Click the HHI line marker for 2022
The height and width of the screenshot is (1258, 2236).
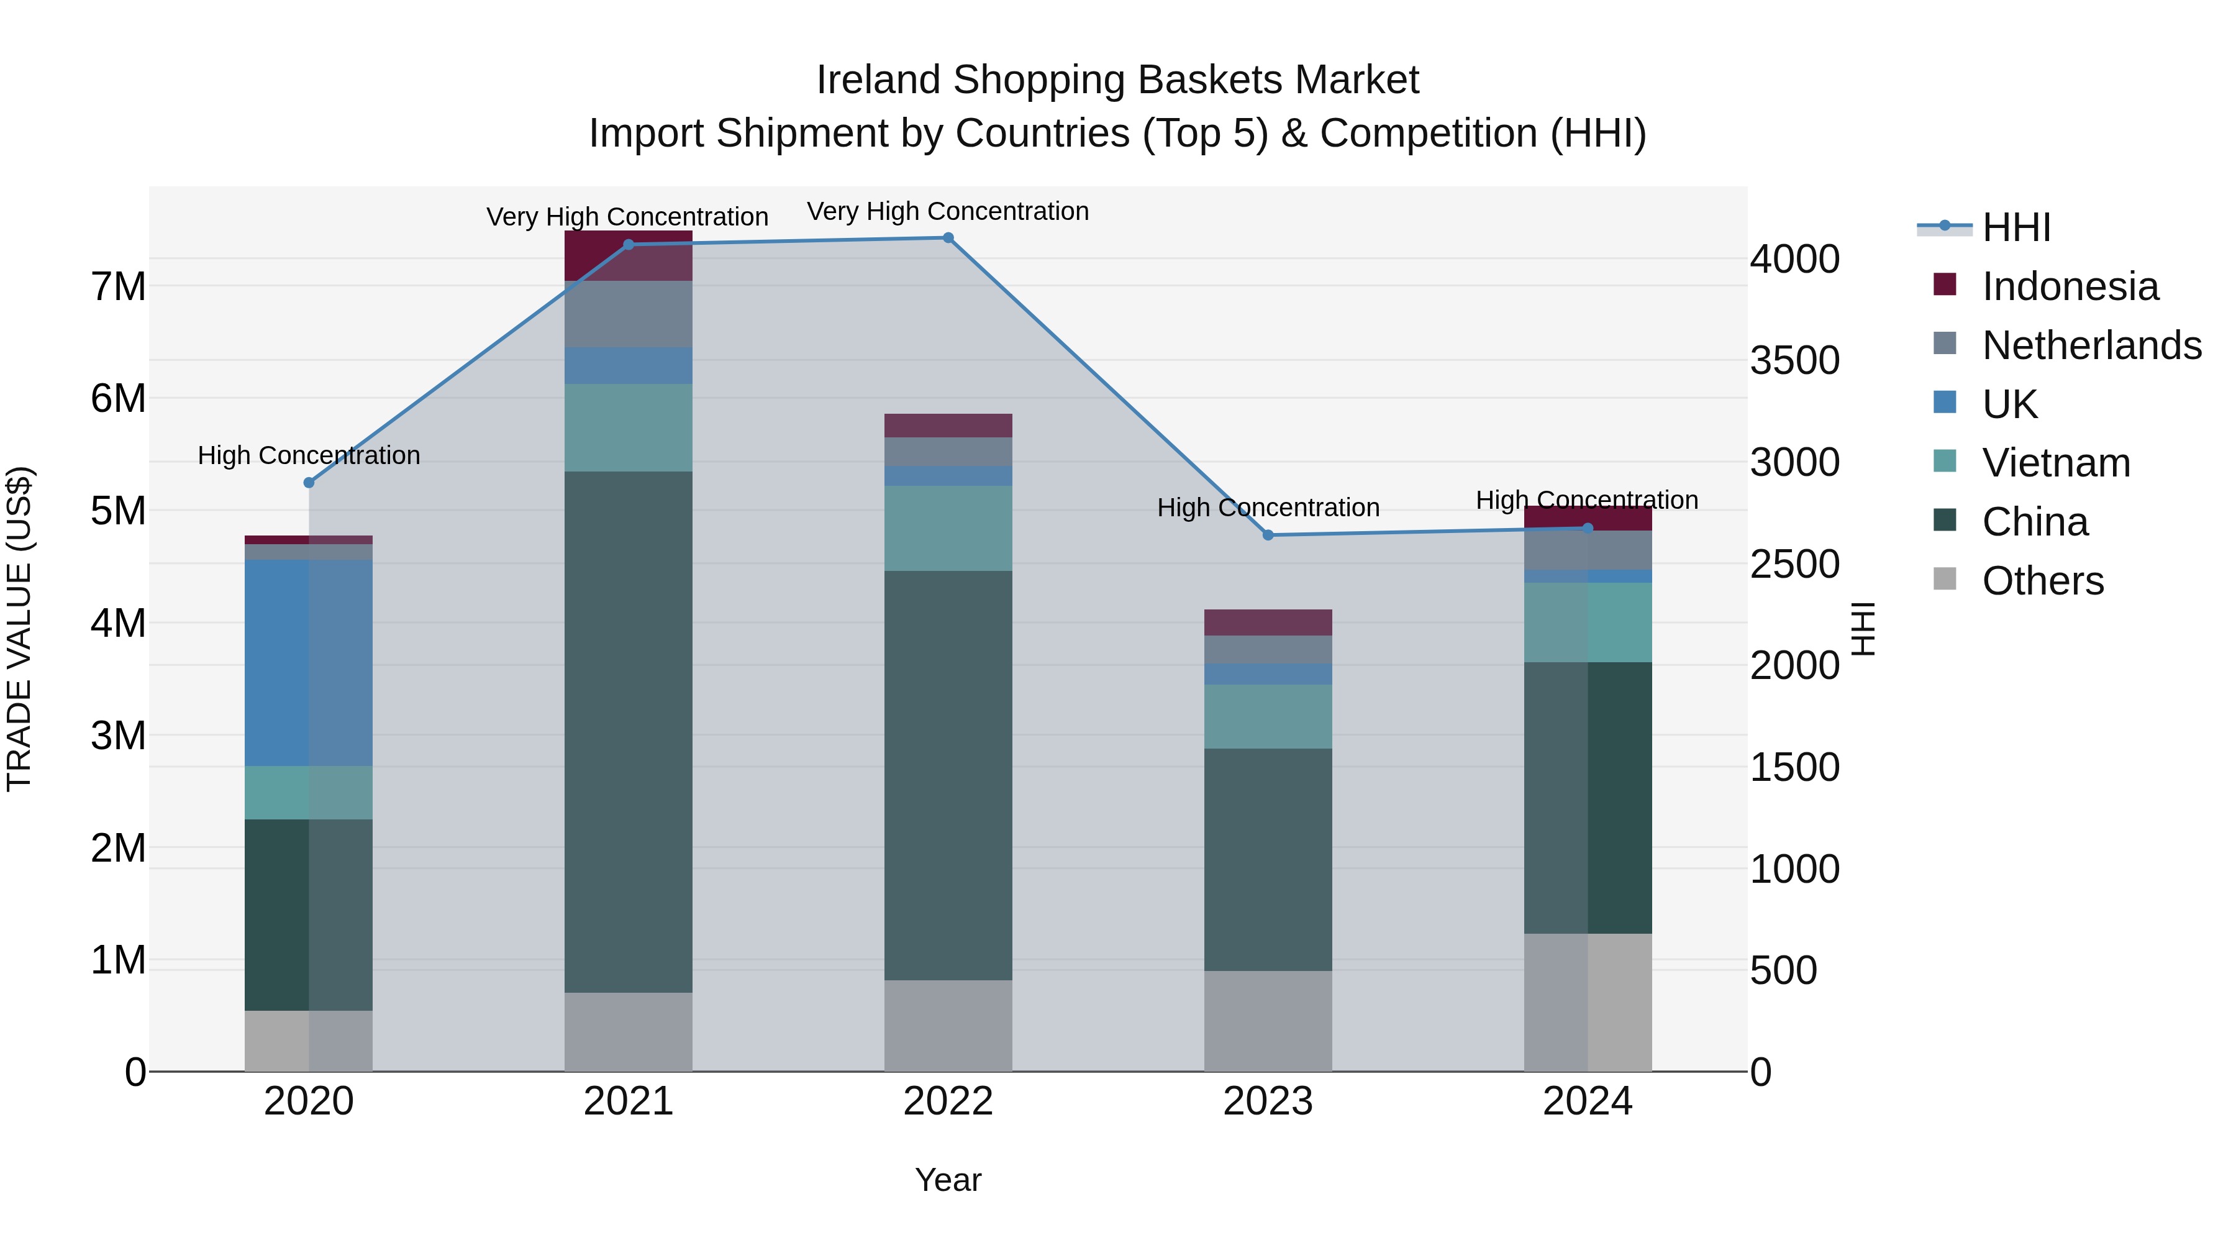point(948,238)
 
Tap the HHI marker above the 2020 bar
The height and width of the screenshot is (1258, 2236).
point(309,483)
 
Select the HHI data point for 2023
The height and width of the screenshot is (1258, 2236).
point(1268,536)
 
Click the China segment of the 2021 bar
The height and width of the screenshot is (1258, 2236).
point(629,731)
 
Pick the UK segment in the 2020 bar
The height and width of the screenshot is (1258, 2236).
point(309,662)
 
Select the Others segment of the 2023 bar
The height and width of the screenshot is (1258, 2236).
point(1268,1020)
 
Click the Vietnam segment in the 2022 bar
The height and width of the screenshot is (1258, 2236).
point(948,528)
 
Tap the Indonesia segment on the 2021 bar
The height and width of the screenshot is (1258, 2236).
point(629,255)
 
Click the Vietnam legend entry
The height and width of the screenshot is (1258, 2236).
point(2055,463)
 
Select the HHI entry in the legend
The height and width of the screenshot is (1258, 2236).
point(2016,227)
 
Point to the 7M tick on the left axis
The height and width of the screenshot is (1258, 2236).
point(118,286)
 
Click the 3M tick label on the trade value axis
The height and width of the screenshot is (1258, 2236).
point(118,736)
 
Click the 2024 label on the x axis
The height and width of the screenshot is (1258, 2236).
point(1588,1101)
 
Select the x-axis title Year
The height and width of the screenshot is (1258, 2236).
point(948,1180)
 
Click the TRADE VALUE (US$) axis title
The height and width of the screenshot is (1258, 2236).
point(19,629)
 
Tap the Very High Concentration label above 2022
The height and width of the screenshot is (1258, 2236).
point(948,211)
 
